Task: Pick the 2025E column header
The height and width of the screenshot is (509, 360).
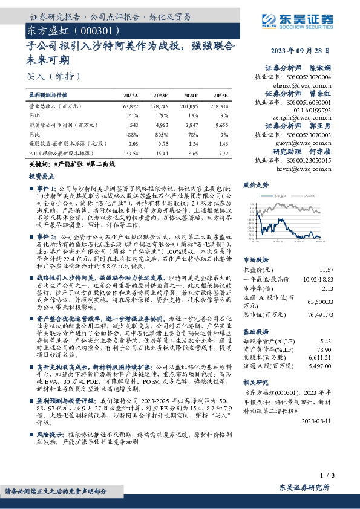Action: click(x=221, y=96)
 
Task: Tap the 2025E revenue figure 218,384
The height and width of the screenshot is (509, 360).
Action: click(x=219, y=105)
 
